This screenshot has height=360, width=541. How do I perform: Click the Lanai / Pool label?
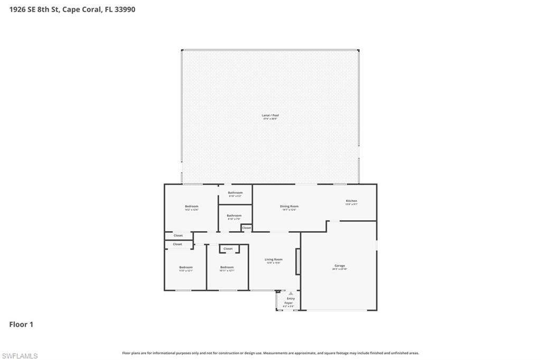click(x=269, y=116)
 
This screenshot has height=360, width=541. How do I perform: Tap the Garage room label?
click(x=339, y=266)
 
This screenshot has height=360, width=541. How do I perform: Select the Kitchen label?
click(x=351, y=201)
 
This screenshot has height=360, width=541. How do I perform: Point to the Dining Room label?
click(x=289, y=206)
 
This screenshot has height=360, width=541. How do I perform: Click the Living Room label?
click(x=274, y=259)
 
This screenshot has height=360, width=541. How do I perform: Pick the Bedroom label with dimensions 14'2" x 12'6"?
click(x=191, y=206)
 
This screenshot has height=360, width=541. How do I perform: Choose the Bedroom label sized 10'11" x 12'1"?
click(x=227, y=268)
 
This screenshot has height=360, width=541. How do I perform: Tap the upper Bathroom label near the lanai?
click(x=235, y=193)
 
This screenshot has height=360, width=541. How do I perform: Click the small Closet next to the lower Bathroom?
click(x=247, y=228)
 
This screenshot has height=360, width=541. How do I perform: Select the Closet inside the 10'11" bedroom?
click(x=228, y=249)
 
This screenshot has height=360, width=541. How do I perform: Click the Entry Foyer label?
click(x=291, y=301)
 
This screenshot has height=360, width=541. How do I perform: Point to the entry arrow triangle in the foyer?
click(x=290, y=293)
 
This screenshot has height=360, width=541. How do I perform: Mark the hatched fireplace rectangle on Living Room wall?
click(x=297, y=262)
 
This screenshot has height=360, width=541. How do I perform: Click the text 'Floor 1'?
click(x=21, y=325)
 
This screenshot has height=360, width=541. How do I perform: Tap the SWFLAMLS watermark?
click(x=20, y=356)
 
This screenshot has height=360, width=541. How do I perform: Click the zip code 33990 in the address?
click(x=124, y=9)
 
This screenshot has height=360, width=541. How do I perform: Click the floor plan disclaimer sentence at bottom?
click(x=270, y=353)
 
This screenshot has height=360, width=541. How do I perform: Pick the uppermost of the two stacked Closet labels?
click(x=178, y=235)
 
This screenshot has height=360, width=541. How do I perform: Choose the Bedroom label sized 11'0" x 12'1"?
click(x=185, y=268)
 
